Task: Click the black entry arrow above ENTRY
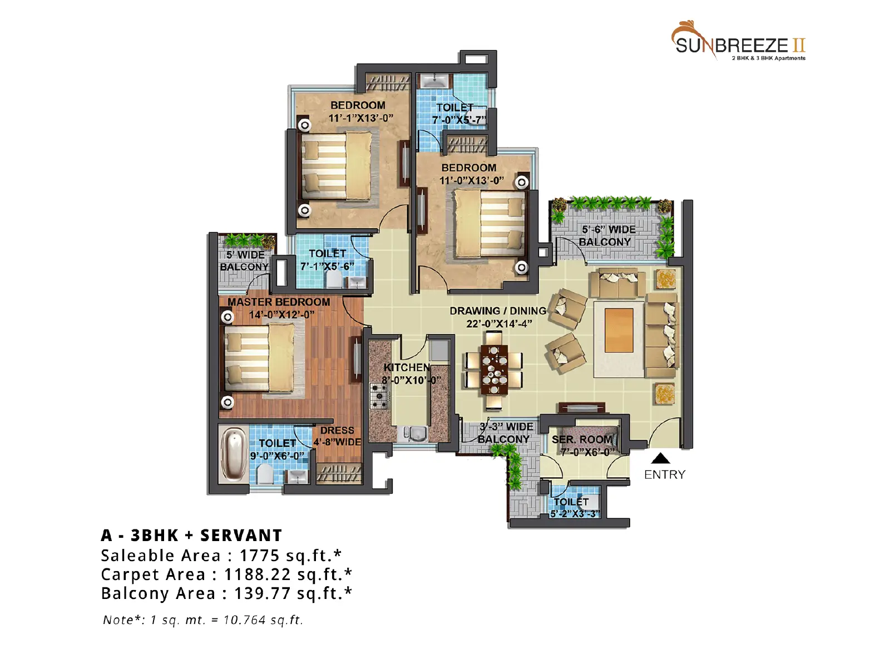pos(660,458)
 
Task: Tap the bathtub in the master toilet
pos(234,455)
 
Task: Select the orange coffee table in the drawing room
pos(619,330)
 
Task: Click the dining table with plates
pos(494,369)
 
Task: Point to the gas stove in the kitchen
pos(379,395)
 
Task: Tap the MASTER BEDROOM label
pos(279,302)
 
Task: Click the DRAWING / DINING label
pos(498,311)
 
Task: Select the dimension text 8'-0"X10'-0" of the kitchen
pos(411,380)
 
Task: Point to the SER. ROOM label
pos(582,440)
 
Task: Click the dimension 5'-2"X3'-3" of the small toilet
pos(575,514)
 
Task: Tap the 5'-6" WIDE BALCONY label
pos(605,235)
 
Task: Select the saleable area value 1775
pos(260,556)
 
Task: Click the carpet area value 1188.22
pos(258,574)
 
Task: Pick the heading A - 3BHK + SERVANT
pos(191,536)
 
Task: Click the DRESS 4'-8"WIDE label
pos(337,436)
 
